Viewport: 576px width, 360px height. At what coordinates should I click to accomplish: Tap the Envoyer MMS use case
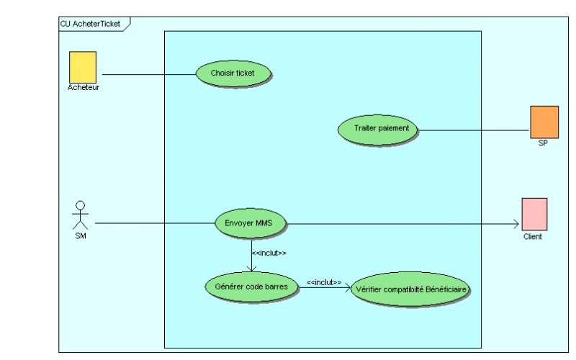click(x=251, y=223)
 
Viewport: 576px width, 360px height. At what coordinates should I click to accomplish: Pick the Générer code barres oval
click(x=251, y=287)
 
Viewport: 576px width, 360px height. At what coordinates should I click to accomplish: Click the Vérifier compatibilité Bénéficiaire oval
click(x=410, y=289)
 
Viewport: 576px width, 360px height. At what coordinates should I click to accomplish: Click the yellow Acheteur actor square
click(x=83, y=67)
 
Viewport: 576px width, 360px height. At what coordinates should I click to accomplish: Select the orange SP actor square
click(x=544, y=121)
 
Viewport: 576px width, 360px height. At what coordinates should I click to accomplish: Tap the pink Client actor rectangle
click(x=534, y=214)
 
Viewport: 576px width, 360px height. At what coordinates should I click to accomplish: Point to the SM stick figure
click(x=81, y=214)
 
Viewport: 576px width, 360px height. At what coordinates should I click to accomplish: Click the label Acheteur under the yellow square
click(x=84, y=88)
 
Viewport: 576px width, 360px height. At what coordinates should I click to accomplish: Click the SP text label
click(x=543, y=143)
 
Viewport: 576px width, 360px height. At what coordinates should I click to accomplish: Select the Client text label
click(x=533, y=236)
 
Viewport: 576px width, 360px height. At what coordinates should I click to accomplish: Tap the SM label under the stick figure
click(x=81, y=236)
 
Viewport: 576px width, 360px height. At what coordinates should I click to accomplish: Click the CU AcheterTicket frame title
click(x=91, y=23)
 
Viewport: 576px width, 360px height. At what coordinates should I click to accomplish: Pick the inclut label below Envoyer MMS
click(x=269, y=253)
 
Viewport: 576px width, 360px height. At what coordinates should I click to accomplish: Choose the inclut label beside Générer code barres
click(x=323, y=282)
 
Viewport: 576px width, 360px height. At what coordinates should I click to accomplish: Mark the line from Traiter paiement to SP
click(x=474, y=130)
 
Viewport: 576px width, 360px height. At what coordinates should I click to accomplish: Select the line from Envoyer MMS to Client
click(x=403, y=223)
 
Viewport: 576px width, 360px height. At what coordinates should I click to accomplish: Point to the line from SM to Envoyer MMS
click(x=155, y=223)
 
